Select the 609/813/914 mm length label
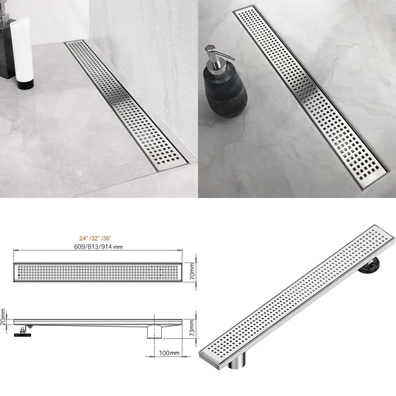coord(97,246)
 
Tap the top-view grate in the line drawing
coord(97,272)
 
